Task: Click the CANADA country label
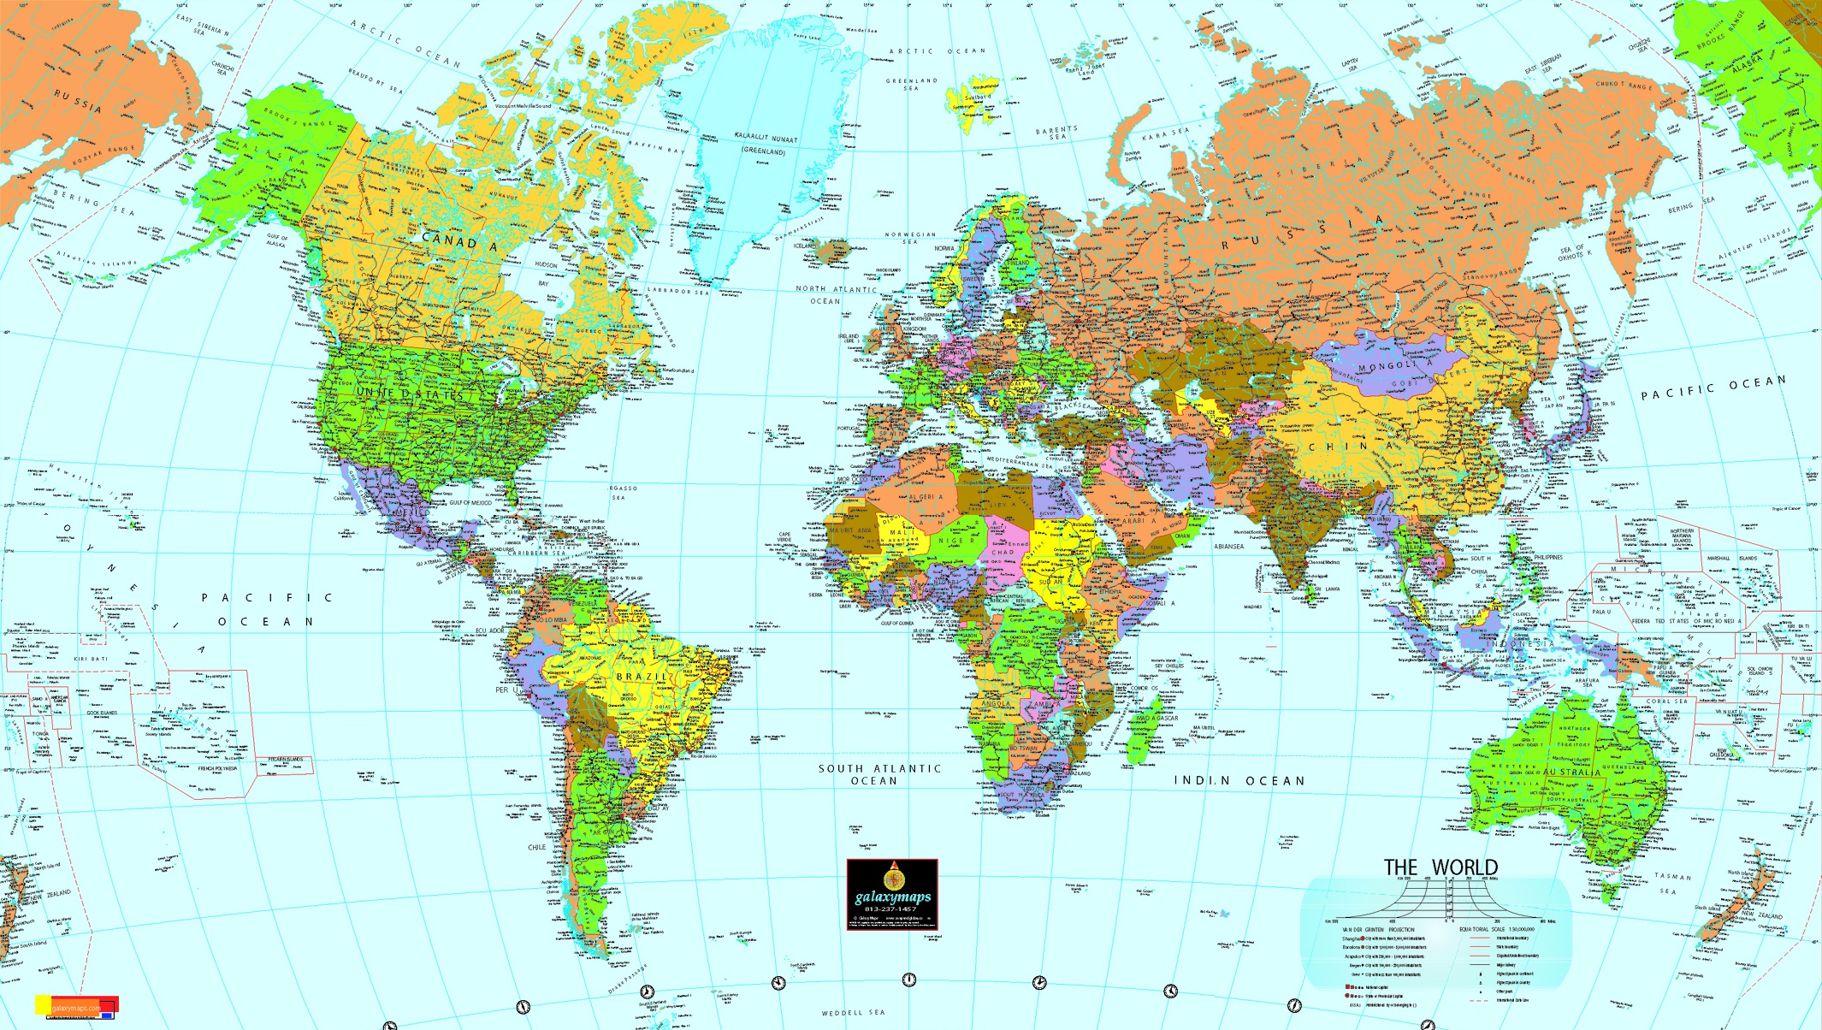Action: pos(459,242)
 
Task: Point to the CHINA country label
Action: pos(1352,447)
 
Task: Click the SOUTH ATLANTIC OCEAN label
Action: pos(878,775)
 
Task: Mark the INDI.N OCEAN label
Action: pos(1239,781)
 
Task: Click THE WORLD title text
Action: pos(1440,867)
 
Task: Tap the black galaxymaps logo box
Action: pos(892,895)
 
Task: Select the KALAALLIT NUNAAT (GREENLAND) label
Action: pos(765,144)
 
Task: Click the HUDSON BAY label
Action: pos(545,274)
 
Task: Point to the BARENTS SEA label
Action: pos(1056,133)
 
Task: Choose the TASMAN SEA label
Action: pos(1671,883)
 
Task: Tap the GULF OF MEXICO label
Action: pos(470,503)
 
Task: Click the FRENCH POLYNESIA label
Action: pos(217,769)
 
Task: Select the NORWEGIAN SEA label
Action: pos(910,238)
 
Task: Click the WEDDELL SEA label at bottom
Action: pos(854,1013)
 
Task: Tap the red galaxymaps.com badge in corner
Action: pos(77,1006)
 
